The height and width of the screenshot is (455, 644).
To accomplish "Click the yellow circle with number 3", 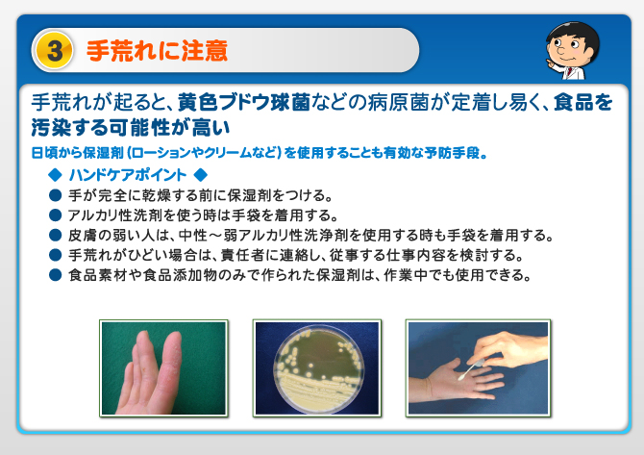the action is point(54,51).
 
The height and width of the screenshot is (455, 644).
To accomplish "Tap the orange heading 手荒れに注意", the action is point(157,51).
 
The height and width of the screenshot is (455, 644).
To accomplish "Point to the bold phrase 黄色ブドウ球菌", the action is point(244,103).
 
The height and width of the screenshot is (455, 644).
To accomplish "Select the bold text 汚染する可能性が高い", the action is point(130,128).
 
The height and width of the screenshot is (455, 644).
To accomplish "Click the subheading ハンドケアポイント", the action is point(128,175).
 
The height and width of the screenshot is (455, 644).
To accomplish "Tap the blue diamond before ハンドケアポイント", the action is point(55,175).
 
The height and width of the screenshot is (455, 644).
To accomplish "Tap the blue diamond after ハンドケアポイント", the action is point(201,175).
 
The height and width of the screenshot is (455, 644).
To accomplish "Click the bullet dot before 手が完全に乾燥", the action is point(55,195).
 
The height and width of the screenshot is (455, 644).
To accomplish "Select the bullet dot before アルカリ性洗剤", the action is point(55,215).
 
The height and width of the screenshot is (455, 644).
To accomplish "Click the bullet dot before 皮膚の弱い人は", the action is point(55,235).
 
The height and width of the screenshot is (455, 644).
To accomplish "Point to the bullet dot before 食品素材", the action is point(55,274).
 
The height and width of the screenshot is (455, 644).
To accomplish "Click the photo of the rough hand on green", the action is point(163,367).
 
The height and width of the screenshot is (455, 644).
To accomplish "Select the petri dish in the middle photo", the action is point(318,367).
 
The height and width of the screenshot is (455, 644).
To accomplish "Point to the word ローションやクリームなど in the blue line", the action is point(204,153).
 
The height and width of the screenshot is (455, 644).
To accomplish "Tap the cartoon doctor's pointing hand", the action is point(552,64).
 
